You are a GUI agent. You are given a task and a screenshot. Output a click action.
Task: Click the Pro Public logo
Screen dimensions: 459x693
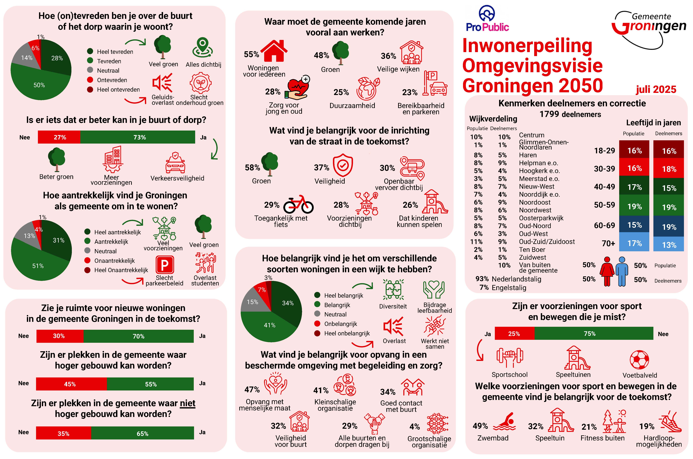487,19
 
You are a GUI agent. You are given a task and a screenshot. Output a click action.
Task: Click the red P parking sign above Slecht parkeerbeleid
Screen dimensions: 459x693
165,265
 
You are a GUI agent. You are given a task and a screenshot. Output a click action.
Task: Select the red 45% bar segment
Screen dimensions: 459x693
71,384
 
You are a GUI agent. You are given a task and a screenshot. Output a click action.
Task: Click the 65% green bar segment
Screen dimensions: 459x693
142,433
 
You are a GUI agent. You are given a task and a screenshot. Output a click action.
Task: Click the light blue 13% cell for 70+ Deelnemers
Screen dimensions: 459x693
669,244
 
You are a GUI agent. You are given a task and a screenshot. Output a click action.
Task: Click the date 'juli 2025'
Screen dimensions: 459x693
656,89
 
